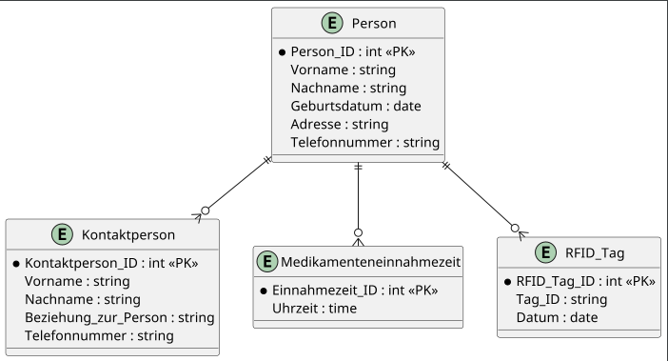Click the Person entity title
pos(374,23)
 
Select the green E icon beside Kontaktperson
pos(63,233)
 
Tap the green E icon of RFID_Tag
pos(546,251)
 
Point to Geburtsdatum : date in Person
pos(355,106)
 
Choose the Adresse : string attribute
pos(339,124)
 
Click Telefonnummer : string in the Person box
pos(364,143)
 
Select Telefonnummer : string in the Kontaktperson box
pos(99,335)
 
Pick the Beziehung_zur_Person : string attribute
pos(119,317)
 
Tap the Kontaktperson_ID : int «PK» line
pos(110,262)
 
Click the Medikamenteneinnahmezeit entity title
pos(371,261)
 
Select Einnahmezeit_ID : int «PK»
pos(354,290)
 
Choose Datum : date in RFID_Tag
pos(557,317)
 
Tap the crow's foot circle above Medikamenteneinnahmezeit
pos(358,232)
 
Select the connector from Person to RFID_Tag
pos(481,196)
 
